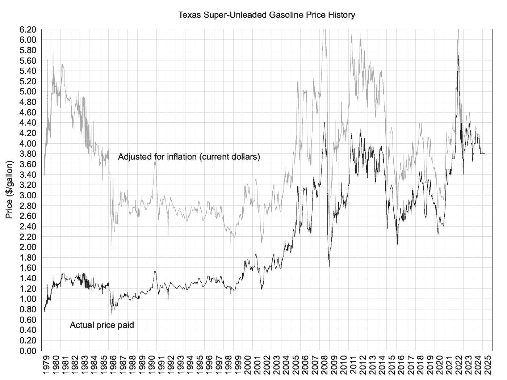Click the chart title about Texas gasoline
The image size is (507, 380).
(x=267, y=15)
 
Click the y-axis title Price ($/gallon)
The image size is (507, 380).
(x=9, y=190)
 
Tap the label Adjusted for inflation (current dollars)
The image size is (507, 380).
(x=189, y=157)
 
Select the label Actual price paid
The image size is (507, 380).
(x=102, y=325)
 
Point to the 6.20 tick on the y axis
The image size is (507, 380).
(x=28, y=29)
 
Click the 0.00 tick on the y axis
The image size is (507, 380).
(x=28, y=351)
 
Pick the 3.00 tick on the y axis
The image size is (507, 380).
(x=28, y=195)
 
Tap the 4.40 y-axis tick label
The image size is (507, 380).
(x=28, y=123)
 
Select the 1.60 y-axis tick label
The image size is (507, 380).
(x=28, y=268)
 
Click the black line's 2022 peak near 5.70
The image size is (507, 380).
(x=458, y=55)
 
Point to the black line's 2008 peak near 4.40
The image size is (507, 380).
(x=324, y=123)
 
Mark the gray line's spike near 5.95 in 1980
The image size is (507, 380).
(x=53, y=43)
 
